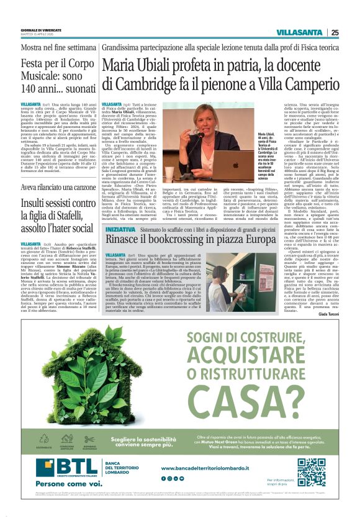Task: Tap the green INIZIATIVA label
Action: click(x=118, y=212)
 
